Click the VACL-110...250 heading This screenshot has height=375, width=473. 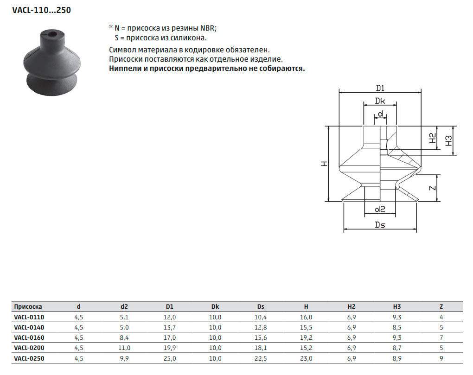click(x=42, y=10)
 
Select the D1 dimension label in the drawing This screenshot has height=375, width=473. click(x=380, y=88)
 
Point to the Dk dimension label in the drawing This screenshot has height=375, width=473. click(x=380, y=101)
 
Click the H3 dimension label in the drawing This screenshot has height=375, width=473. click(x=448, y=140)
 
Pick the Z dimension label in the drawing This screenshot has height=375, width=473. click(x=433, y=188)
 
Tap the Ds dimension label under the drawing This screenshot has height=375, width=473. click(x=380, y=225)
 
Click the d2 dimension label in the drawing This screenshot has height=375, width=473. click(x=380, y=209)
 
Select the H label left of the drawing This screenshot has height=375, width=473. click(x=324, y=164)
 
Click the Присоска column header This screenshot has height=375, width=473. click(x=28, y=306)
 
